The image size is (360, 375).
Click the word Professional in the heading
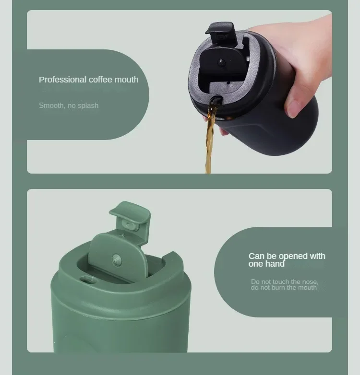click(x=62, y=80)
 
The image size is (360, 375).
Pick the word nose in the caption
click(x=310, y=281)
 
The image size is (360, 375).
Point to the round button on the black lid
click(x=222, y=63)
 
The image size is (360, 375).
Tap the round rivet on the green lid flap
click(x=117, y=260)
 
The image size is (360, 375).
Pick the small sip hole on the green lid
click(x=88, y=280)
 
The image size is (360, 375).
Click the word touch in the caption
click(x=281, y=281)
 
